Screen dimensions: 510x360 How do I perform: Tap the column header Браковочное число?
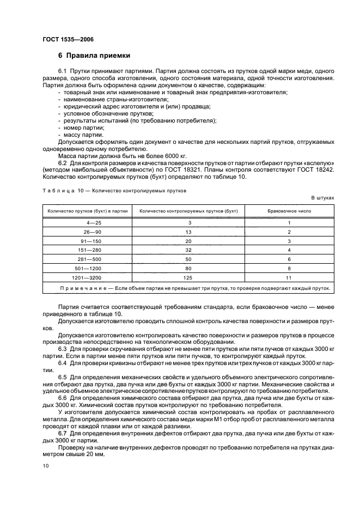[x=289, y=211]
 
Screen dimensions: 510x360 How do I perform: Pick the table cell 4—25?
[x=86, y=222]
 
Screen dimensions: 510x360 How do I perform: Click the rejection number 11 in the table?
[x=289, y=278]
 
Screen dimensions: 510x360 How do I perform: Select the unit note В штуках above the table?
[x=323, y=198]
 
